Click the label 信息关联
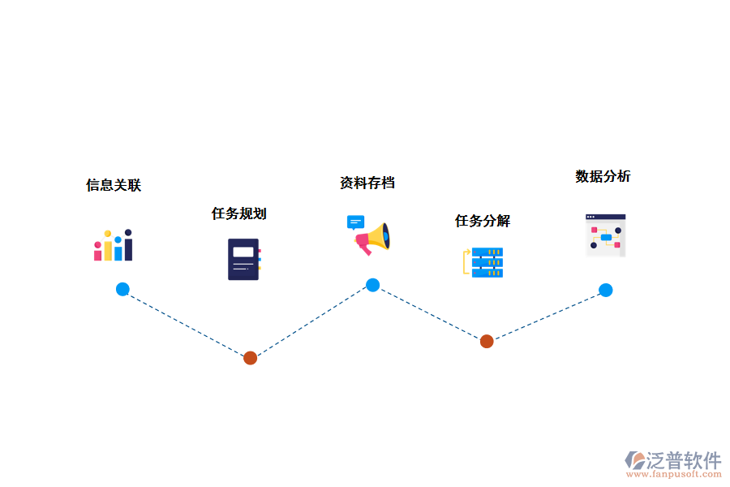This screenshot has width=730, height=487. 114,185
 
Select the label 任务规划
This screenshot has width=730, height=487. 238,213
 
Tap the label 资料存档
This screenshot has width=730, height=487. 367,183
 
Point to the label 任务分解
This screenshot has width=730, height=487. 482,221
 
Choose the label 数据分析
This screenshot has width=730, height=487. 603,176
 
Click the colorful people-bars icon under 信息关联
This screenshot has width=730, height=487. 113,245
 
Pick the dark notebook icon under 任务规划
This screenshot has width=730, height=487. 243,259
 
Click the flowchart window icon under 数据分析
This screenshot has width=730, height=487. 605,235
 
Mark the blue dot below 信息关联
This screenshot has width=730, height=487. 122,289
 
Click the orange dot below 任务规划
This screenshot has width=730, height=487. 250,358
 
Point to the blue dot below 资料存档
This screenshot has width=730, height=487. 372,285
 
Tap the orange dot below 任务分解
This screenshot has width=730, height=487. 487,341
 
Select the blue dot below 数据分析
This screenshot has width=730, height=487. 605,290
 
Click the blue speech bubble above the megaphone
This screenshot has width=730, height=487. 355,222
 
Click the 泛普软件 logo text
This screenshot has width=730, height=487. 683,460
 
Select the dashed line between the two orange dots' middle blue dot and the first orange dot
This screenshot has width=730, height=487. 311,321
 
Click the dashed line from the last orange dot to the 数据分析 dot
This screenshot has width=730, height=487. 546,316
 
